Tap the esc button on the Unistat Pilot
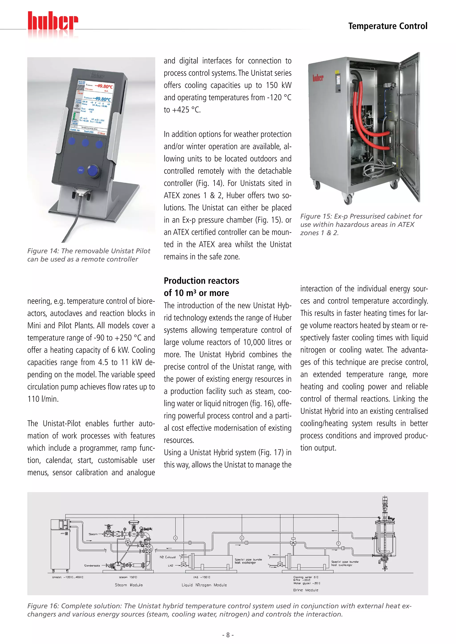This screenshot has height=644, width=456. pos(81,170)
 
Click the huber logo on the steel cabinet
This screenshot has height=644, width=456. pos(318,78)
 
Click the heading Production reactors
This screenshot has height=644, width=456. pos(201,281)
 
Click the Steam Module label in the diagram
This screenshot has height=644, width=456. pos(129,585)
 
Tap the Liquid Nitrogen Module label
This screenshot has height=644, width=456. pos(204,585)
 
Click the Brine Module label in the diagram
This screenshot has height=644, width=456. pos(305,590)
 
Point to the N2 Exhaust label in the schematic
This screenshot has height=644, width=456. pos(168,557)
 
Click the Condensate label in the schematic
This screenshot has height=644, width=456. pos(92,566)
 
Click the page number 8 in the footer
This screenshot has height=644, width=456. pos(228,635)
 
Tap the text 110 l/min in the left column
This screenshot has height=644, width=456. pos(43,399)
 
